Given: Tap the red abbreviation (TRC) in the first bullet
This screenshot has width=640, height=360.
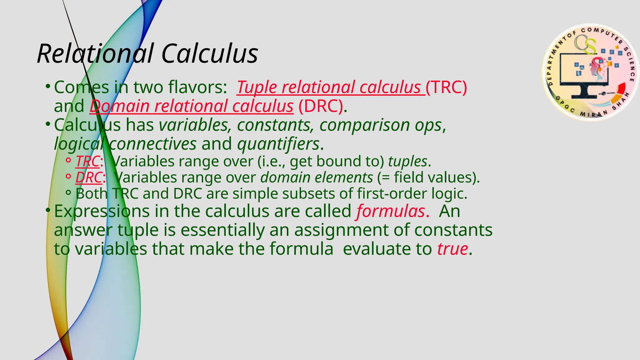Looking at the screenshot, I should coord(446,87).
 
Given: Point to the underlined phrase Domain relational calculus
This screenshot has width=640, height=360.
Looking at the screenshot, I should coord(191,106).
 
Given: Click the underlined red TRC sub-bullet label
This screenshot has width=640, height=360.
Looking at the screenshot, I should coord(87,162).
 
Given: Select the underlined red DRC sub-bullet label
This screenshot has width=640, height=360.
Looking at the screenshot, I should coord(88,177).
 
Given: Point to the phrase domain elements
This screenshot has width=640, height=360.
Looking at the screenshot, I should coord(317,177).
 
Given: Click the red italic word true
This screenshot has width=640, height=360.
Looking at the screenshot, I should coord(452,249).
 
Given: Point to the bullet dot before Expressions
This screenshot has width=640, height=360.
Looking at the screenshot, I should coord(47,210).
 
